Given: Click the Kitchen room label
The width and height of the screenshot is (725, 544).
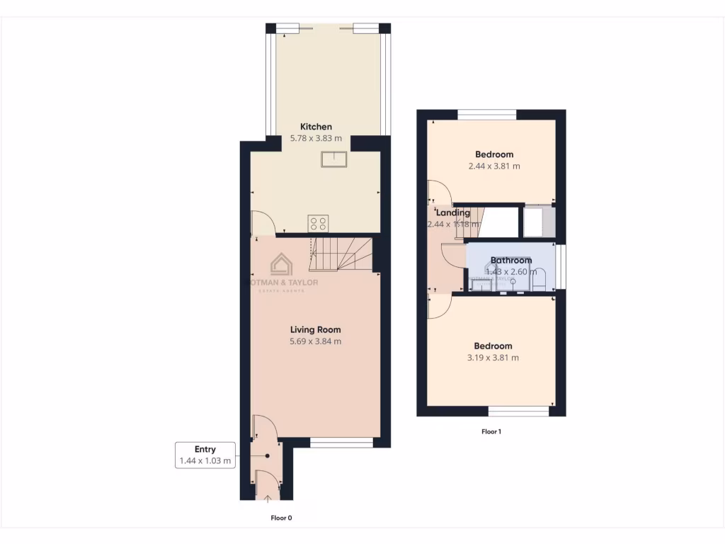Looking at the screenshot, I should [315, 127].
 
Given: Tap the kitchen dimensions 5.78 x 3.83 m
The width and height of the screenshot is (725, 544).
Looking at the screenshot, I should [316, 139].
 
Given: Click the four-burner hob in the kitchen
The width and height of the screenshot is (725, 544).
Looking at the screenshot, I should [318, 224].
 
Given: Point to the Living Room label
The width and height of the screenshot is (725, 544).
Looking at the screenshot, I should [315, 329].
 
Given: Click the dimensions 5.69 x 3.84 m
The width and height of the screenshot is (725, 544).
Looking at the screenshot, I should [316, 341].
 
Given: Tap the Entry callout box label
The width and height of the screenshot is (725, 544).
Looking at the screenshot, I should [205, 449].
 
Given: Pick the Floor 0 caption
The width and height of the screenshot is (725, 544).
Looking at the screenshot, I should [281, 518].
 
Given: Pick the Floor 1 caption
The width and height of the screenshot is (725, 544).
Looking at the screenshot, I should [491, 431].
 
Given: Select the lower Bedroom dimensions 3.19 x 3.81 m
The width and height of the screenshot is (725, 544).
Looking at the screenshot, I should [493, 358].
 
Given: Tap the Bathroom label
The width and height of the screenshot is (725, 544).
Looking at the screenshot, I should [510, 261].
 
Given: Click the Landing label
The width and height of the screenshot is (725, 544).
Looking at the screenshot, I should [452, 212].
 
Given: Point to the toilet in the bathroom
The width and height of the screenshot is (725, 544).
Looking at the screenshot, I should [540, 280].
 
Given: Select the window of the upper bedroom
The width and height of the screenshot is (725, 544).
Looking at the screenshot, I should [487, 114].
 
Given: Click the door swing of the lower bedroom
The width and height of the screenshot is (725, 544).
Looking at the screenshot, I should [438, 307].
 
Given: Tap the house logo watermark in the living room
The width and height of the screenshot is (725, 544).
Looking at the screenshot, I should [282, 265].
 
